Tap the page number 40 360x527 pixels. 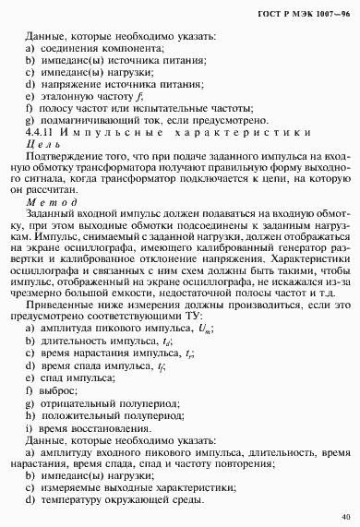coord(344,516)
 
